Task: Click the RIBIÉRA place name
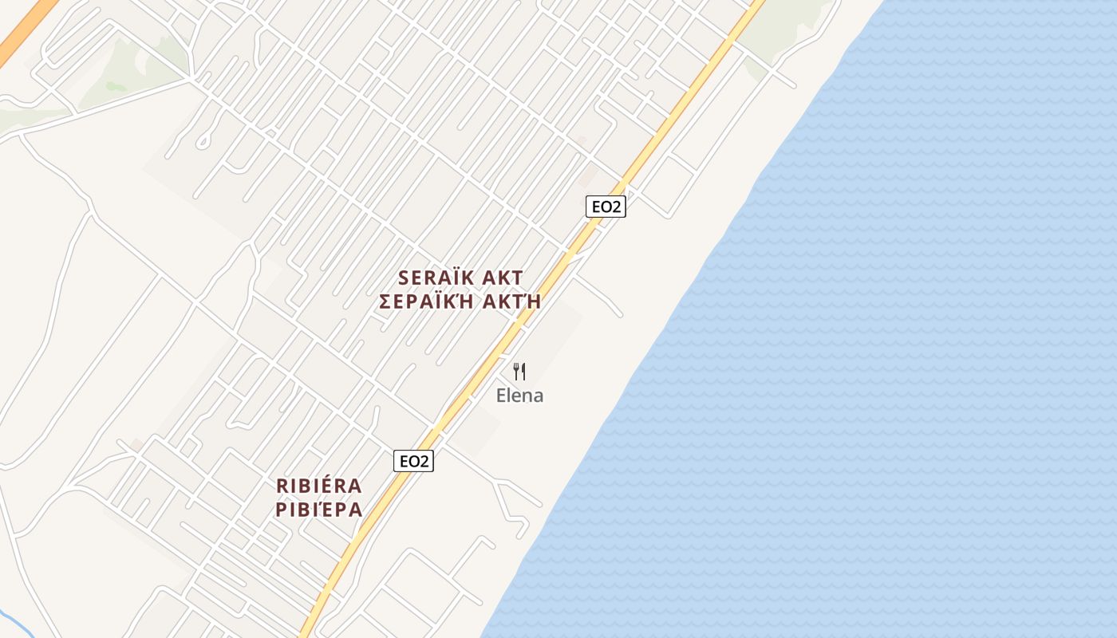319,486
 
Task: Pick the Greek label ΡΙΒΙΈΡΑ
319,510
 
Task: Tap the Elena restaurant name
519,395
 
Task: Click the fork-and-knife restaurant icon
519,371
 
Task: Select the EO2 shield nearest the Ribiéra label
414,461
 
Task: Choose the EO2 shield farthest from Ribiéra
606,207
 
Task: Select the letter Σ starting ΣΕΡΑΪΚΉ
386,301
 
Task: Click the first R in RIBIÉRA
282,486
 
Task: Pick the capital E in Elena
502,395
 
